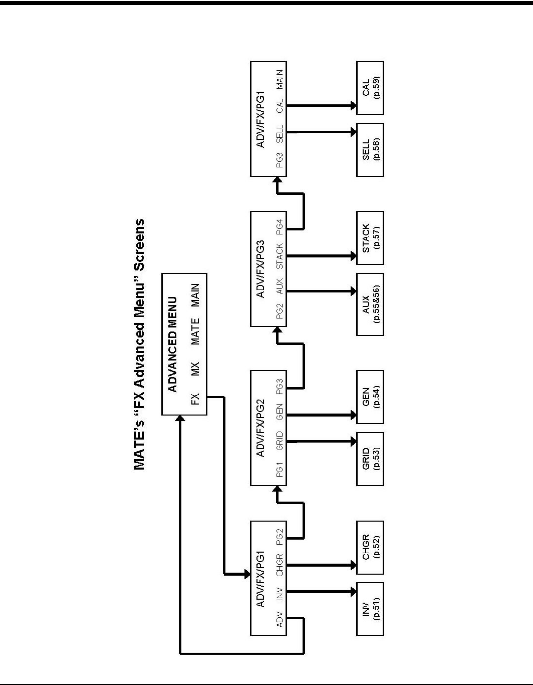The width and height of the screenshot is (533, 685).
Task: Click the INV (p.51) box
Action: pyautogui.click(x=370, y=609)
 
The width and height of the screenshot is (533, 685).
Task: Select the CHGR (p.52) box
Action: pyautogui.click(x=370, y=547)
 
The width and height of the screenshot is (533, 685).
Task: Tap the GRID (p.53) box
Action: pyautogui.click(x=370, y=459)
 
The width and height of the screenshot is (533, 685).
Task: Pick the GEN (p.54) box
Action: pyautogui.click(x=370, y=397)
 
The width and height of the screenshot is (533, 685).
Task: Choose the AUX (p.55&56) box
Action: pyautogui.click(x=370, y=304)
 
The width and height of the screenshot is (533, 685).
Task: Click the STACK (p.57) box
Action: pyautogui.click(x=370, y=238)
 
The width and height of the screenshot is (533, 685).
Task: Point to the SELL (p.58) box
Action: pyautogui.click(x=370, y=150)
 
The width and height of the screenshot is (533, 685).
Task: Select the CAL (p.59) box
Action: pyautogui.click(x=370, y=88)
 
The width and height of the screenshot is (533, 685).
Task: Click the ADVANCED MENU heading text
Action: pyautogui.click(x=172, y=343)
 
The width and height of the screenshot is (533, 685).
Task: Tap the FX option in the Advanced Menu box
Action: pyautogui.click(x=196, y=398)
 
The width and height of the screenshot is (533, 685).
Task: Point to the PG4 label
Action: pyautogui.click(x=279, y=226)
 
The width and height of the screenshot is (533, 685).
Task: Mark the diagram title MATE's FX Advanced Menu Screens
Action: pyautogui.click(x=139, y=343)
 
